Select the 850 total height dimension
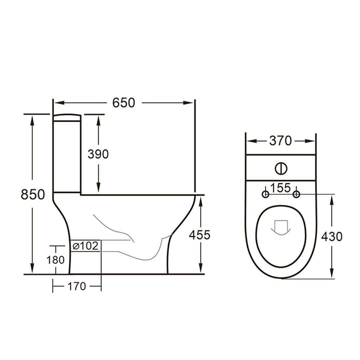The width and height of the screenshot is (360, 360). pyautogui.click(x=33, y=194)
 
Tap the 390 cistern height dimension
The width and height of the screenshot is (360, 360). pyautogui.click(x=98, y=154)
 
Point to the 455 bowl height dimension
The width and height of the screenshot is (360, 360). pyautogui.click(x=200, y=235)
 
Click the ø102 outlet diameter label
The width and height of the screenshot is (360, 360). pyautogui.click(x=86, y=246)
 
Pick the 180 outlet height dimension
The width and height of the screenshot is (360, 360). pyautogui.click(x=56, y=260)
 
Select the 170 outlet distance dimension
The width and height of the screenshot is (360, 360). pyautogui.click(x=77, y=286)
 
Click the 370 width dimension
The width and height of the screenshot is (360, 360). pyautogui.click(x=280, y=141)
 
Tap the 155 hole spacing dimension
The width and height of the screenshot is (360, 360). pyautogui.click(x=280, y=188)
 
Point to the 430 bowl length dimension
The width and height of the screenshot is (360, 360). pyautogui.click(x=332, y=236)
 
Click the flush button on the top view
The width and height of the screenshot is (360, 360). pyautogui.click(x=281, y=169)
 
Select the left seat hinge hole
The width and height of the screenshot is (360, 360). pyautogui.click(x=265, y=194)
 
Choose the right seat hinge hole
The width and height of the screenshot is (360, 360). pyautogui.click(x=296, y=194)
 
